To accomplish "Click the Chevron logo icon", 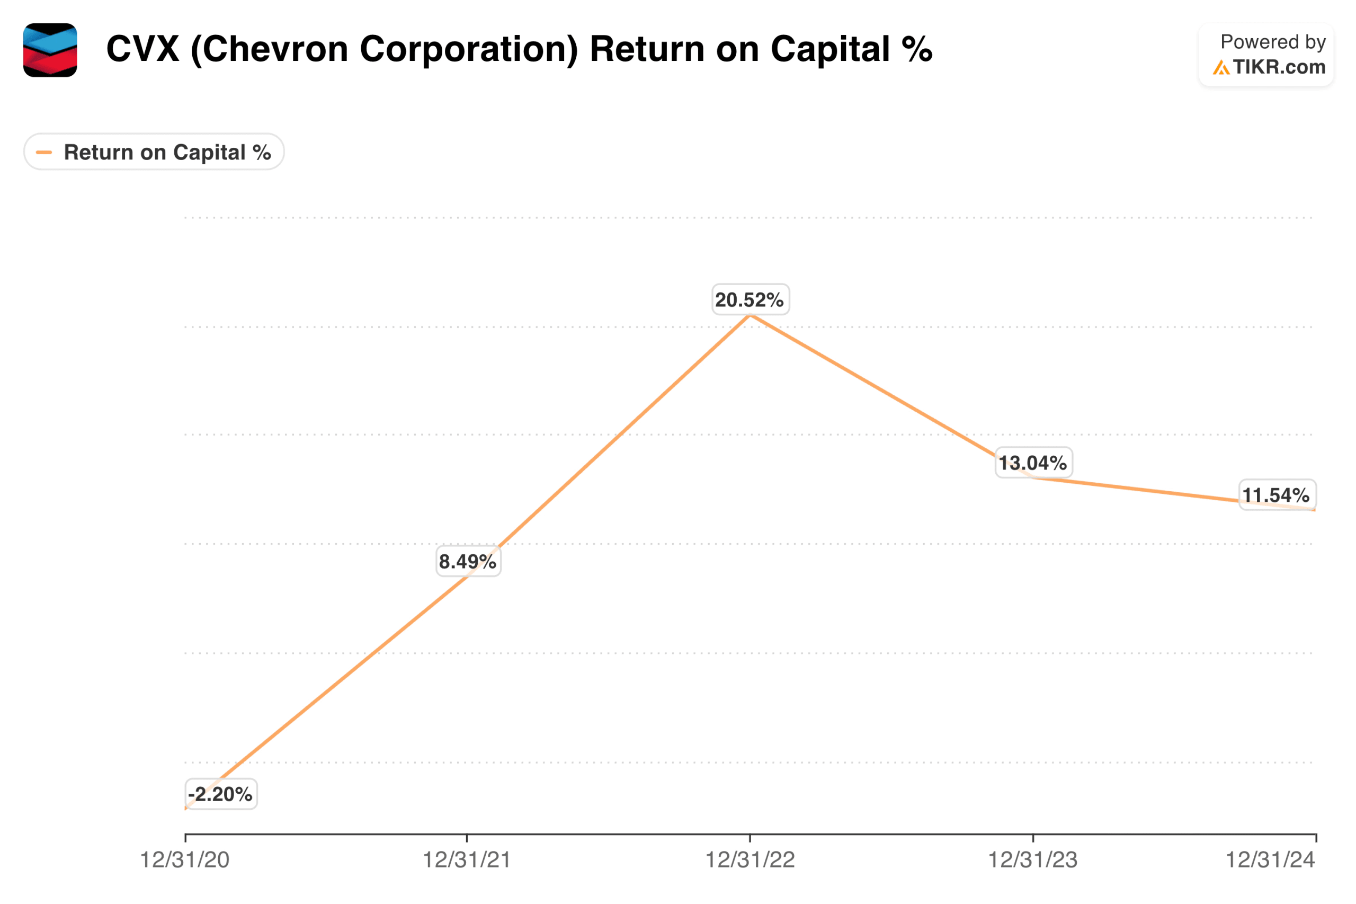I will click(50, 50).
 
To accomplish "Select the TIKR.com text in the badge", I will click(1278, 67).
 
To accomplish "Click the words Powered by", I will click(1272, 41).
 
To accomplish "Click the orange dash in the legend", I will click(44, 152).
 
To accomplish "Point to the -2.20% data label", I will click(221, 794).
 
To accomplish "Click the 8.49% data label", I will click(468, 561).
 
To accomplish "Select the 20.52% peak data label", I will click(750, 299).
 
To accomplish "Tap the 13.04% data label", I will click(1033, 463).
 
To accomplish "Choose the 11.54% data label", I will click(1276, 495).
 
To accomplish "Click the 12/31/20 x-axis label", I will click(185, 860).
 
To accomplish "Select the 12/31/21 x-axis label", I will click(467, 860).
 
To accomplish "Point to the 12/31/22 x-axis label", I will click(750, 860).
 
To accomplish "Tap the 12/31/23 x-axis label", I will click(1033, 860).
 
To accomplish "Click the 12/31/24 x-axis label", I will click(1270, 860).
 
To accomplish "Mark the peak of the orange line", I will click(750, 315).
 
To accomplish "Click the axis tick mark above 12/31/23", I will click(1033, 838).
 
